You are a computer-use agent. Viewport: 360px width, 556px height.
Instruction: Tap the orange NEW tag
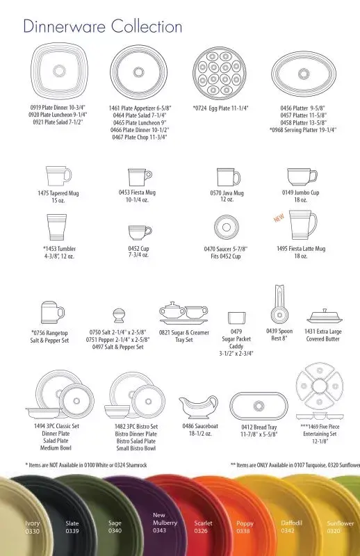279,218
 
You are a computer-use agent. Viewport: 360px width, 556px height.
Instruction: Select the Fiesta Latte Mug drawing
302,225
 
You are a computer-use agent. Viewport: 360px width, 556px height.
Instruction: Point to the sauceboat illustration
198,407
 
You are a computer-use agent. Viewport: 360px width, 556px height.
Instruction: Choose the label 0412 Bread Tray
259,427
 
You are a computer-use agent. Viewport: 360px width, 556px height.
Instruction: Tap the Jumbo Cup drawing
302,177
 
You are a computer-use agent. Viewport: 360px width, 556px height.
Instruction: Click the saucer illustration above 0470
227,227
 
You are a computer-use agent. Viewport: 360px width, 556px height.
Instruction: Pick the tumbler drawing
57,228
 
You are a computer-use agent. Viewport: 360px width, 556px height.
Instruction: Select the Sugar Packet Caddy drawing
236,318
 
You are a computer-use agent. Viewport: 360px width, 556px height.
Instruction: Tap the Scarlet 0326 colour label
203,527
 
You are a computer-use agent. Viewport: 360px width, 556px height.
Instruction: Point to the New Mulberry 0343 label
165,523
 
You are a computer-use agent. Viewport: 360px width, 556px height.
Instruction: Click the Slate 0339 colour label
72,527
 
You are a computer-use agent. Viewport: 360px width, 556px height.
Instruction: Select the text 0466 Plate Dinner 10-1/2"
140,130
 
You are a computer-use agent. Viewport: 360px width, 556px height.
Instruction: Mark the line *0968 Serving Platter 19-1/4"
302,130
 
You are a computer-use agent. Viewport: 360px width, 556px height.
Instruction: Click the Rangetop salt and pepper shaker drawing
52,312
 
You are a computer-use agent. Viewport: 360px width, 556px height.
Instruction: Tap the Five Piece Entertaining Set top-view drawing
320,386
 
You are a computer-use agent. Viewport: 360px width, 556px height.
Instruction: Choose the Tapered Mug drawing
58,176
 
